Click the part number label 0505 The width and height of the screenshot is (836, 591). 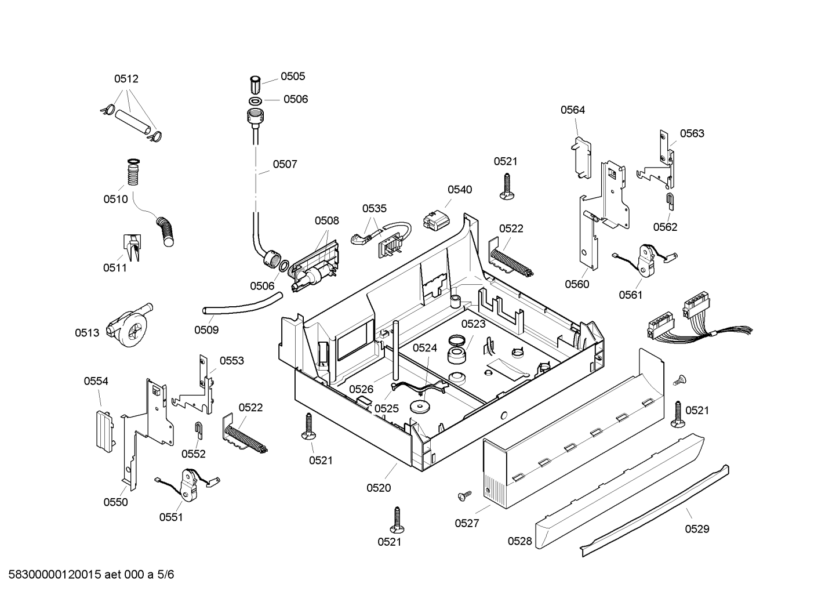click(x=293, y=76)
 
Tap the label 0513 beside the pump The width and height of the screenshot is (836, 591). click(x=87, y=333)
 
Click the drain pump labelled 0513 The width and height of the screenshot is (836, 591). click(x=129, y=325)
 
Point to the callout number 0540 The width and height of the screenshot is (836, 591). click(x=460, y=190)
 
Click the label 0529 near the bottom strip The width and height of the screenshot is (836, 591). click(x=697, y=528)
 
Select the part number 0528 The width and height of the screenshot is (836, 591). click(x=520, y=541)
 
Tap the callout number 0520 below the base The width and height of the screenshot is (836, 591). click(x=379, y=488)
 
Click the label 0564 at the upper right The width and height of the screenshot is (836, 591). click(x=573, y=110)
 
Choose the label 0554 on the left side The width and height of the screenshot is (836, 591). click(x=96, y=381)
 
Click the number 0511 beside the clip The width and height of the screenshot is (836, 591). click(x=115, y=268)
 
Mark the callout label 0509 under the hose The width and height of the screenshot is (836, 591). click(x=206, y=329)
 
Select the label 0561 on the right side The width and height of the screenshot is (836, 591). click(x=631, y=295)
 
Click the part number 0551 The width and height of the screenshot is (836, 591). click(x=171, y=517)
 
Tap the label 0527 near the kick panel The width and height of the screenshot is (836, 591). click(x=467, y=523)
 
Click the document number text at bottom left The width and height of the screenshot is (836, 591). click(x=91, y=575)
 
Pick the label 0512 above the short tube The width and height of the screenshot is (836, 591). click(x=126, y=79)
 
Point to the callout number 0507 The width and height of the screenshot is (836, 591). click(x=285, y=164)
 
